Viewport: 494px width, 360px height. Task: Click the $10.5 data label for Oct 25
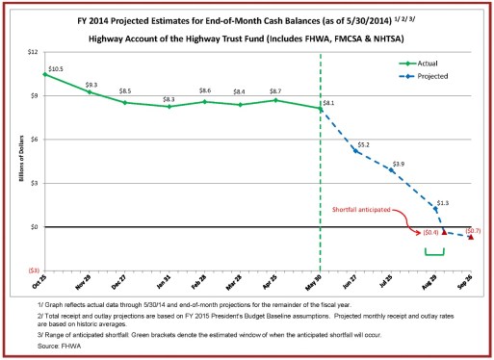pos(56,69)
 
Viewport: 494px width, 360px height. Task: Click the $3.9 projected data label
pos(399,164)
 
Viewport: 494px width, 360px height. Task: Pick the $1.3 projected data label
pos(443,203)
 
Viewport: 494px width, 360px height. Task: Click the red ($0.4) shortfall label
pos(430,232)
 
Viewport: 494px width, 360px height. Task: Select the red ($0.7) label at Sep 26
pos(474,231)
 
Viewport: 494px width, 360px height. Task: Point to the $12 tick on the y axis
pos(32,51)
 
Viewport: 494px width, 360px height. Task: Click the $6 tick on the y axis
pos(33,139)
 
